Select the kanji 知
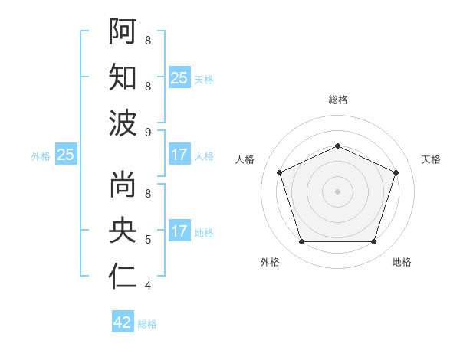tap(123, 77)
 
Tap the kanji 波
tap(123, 123)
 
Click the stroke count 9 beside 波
tap(147, 133)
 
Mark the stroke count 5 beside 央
tap(147, 240)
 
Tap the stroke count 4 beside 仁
tap(147, 286)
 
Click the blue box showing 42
tap(123, 322)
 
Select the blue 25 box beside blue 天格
tap(179, 77)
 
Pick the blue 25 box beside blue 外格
tap(65, 155)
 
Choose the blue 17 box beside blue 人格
tap(179, 155)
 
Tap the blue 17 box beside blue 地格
tap(179, 231)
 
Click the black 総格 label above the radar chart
tap(337, 100)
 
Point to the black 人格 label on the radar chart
tap(245, 159)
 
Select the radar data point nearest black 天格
tap(396, 172)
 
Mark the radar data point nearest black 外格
tap(301, 242)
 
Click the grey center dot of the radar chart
tap(337, 191)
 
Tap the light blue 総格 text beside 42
tap(147, 324)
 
